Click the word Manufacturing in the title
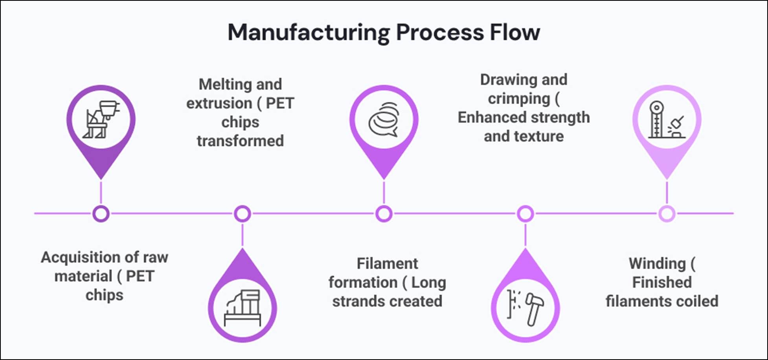309,33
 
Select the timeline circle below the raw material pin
101,214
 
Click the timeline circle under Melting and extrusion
243,214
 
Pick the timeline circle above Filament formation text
384,214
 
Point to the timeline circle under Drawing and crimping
525,214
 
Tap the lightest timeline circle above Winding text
667,214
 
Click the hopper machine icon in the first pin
101,119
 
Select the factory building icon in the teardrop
243,308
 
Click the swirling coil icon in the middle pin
384,119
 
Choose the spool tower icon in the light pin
667,119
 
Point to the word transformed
240,141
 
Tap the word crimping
518,99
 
